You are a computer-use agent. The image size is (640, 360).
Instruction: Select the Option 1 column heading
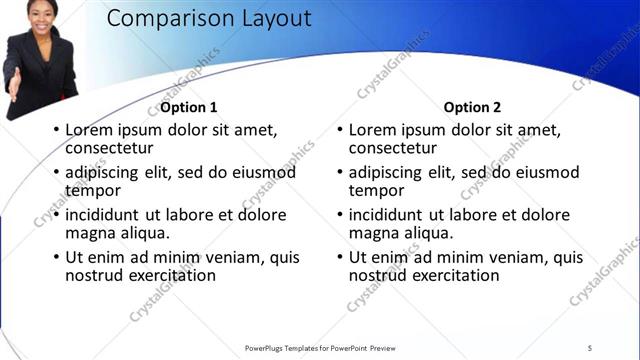point(189,107)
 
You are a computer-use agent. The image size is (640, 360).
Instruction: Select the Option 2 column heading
point(472,107)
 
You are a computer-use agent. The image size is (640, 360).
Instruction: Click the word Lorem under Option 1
point(89,129)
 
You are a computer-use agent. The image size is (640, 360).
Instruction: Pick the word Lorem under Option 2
point(373,129)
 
